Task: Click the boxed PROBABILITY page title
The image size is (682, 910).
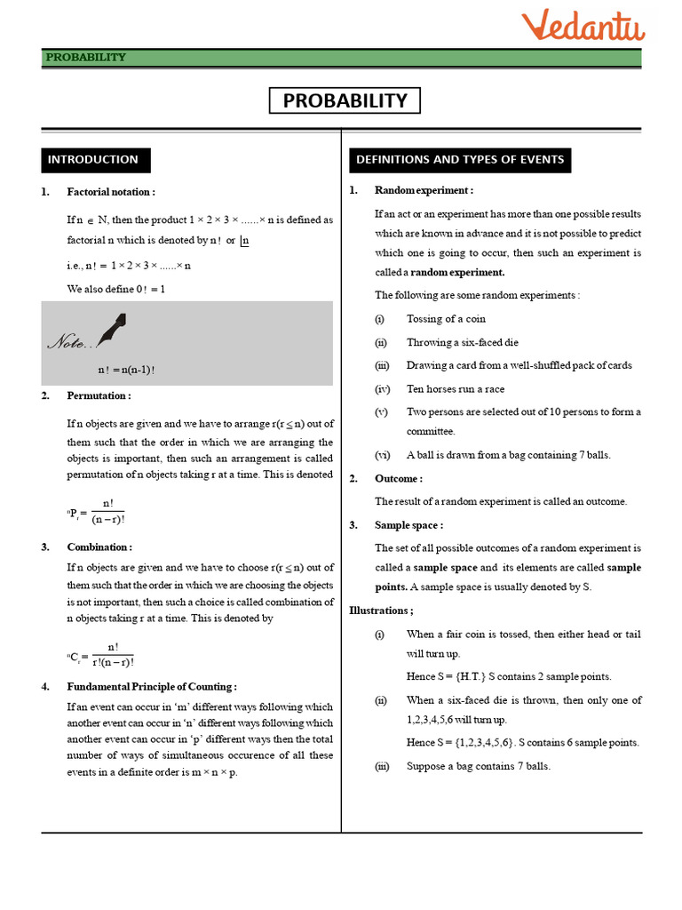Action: click(x=345, y=101)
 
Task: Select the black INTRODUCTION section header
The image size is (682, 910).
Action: click(x=94, y=160)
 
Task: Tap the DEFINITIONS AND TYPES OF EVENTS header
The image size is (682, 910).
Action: click(x=459, y=160)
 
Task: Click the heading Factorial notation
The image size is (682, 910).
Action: click(x=111, y=192)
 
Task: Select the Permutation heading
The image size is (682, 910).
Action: click(x=99, y=395)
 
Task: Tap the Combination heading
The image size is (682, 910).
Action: click(x=99, y=547)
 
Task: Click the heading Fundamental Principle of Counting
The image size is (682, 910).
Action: click(x=152, y=687)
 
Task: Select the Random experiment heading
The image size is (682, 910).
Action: click(x=424, y=190)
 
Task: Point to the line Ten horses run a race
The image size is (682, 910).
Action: click(x=455, y=388)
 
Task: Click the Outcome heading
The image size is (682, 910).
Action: click(x=398, y=478)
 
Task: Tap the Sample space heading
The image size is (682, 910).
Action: click(x=408, y=525)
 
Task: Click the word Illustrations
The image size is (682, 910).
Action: click(x=381, y=611)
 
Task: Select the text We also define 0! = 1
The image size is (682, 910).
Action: click(x=115, y=289)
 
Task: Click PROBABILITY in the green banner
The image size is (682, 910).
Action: click(x=86, y=58)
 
